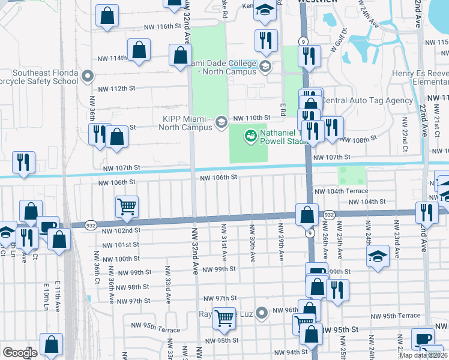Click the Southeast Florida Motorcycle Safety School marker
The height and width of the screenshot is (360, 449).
[x=88, y=76]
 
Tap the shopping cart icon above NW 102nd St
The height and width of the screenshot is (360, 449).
[x=127, y=207]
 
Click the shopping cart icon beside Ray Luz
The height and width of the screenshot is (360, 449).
[x=224, y=317]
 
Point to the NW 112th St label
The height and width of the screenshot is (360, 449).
[x=116, y=88]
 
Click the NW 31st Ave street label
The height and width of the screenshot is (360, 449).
[x=223, y=242]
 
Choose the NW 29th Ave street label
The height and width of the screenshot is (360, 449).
[x=280, y=242]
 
